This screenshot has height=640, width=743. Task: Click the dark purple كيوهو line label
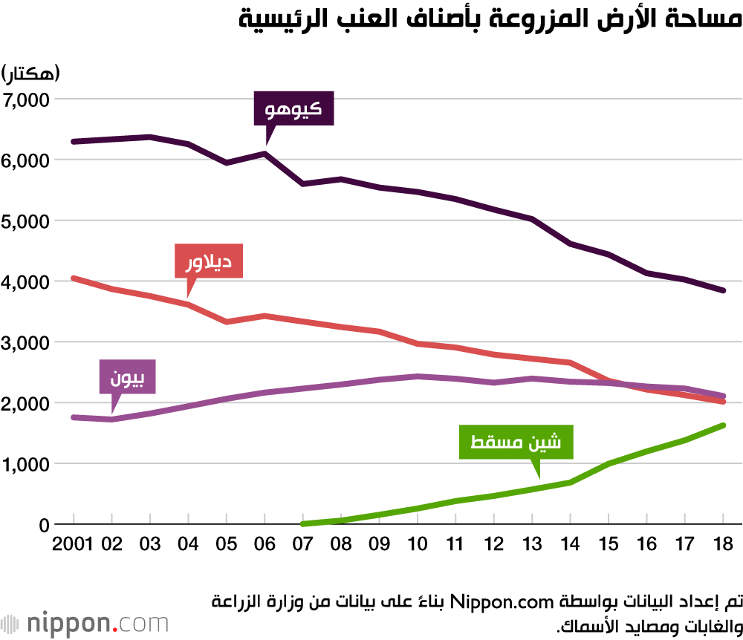click(293, 109)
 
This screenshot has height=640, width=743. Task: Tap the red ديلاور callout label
click(209, 261)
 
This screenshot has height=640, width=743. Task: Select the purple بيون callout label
click(128, 376)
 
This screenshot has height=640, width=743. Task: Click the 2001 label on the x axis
click(72, 543)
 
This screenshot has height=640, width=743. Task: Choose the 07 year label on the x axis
click(302, 543)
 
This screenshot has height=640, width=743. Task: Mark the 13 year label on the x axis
click(532, 543)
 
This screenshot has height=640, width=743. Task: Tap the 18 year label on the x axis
click(723, 543)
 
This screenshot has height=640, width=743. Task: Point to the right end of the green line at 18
click(723, 425)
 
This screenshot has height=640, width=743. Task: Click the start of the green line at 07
click(303, 523)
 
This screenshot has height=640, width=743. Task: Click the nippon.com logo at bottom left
click(85, 622)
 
